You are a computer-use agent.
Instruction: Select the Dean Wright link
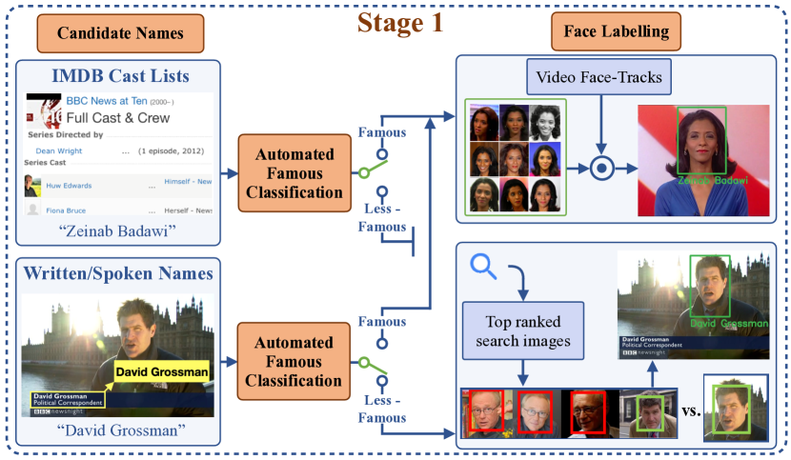(x=58, y=150)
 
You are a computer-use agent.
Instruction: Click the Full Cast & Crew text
(x=118, y=118)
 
